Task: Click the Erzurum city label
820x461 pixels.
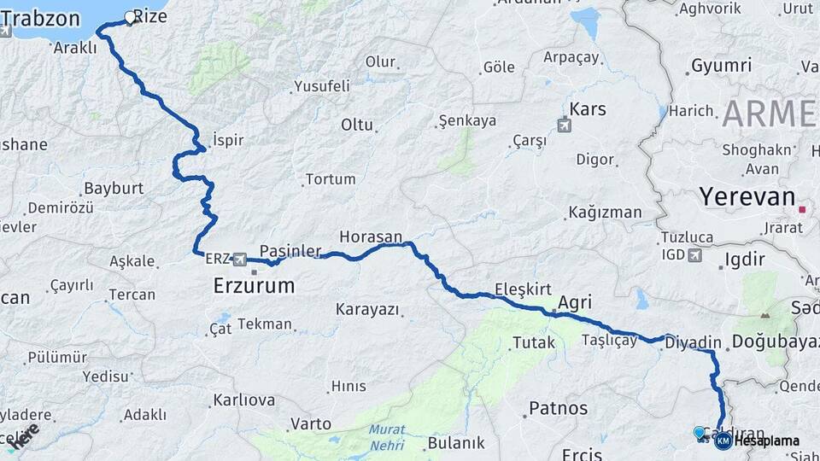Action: (253, 285)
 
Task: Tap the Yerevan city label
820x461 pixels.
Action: (747, 196)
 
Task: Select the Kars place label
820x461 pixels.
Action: (587, 109)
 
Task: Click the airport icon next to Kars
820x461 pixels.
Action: (564, 125)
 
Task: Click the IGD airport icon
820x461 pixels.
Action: (694, 254)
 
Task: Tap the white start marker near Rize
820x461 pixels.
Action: (131, 16)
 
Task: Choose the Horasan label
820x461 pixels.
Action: (371, 236)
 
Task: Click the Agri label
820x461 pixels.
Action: (575, 302)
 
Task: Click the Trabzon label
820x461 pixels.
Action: (52, 18)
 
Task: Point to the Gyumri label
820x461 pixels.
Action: (721, 66)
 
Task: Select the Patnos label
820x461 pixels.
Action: (559, 408)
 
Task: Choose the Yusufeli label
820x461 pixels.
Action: (322, 85)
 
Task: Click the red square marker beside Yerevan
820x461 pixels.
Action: (803, 208)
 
